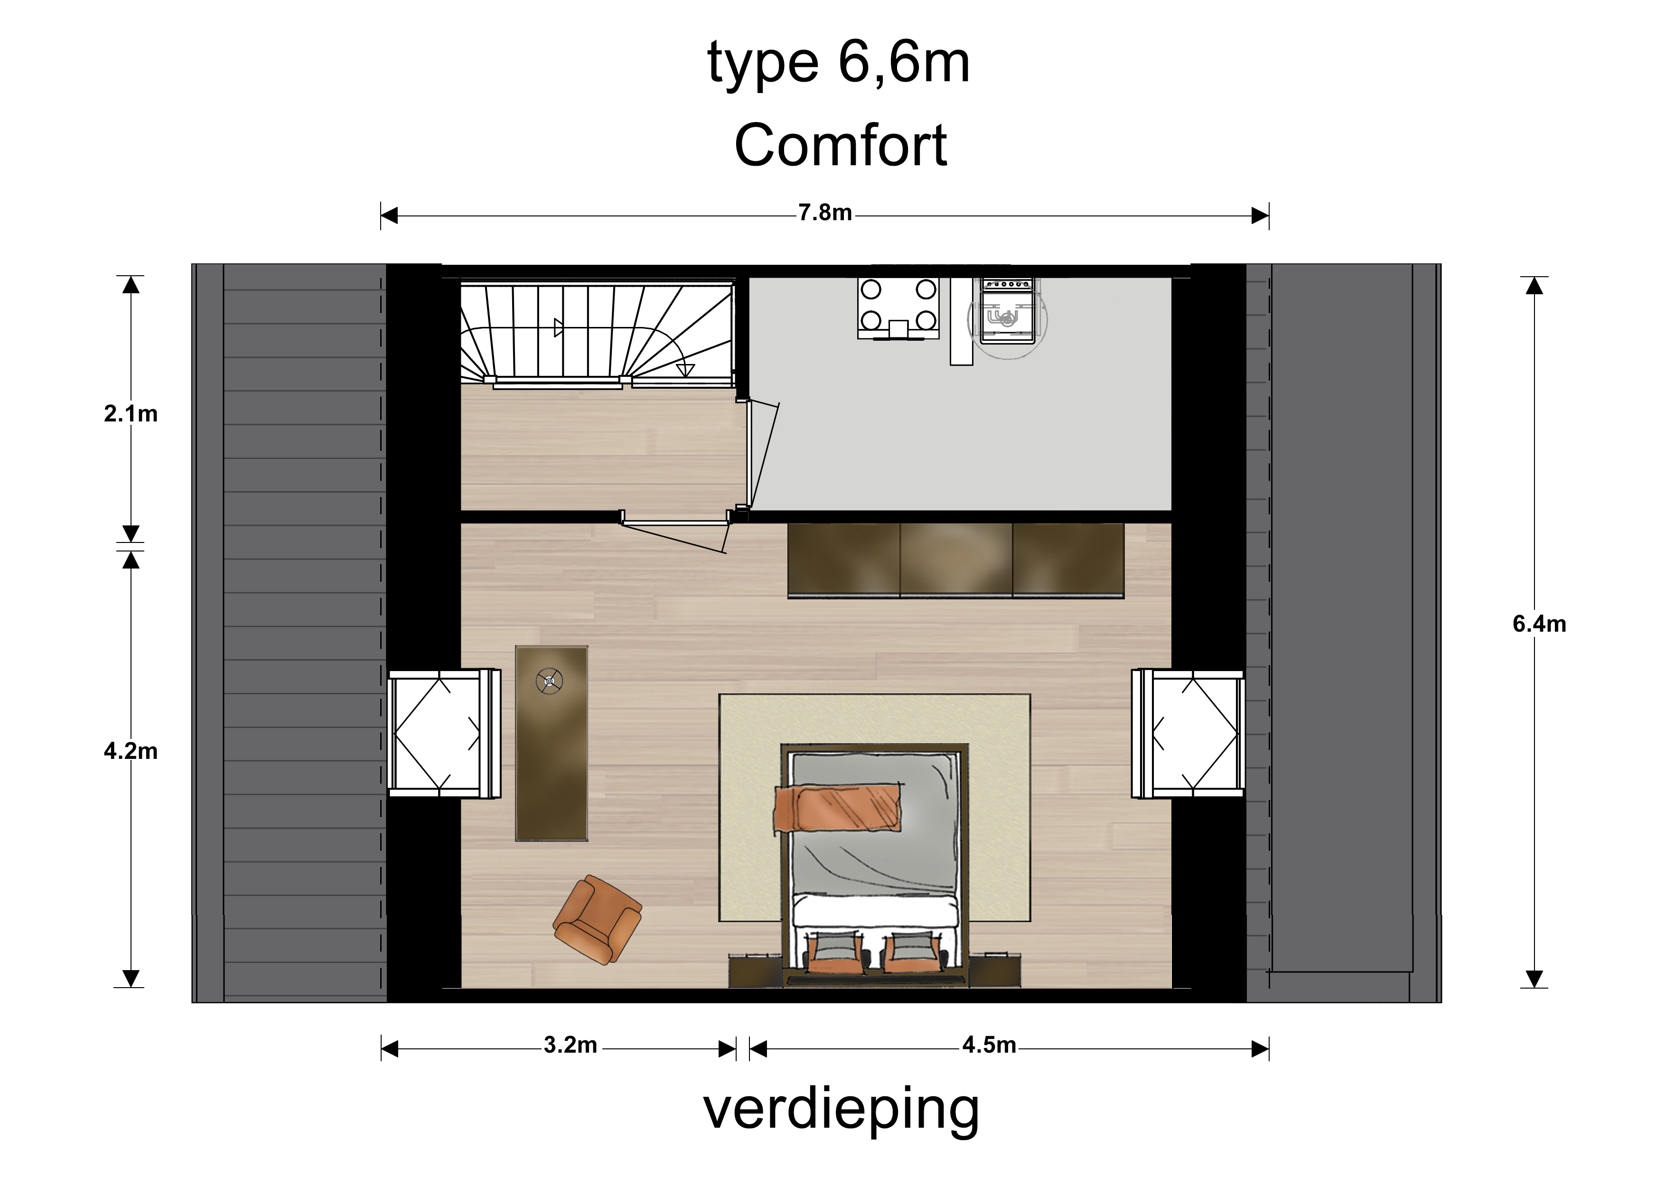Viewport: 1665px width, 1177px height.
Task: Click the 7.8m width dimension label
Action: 825,213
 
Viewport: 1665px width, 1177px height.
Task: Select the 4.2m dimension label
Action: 131,751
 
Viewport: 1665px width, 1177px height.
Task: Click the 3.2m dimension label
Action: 571,1045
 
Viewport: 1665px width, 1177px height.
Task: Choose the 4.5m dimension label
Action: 989,1045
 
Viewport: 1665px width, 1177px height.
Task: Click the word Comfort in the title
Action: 841,145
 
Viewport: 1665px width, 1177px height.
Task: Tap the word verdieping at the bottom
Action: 841,1110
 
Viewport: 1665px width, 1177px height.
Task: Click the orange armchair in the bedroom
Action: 597,920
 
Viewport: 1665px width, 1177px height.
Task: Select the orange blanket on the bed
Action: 838,808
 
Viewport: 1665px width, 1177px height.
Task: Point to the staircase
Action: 597,334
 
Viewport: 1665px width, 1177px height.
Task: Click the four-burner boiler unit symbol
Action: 898,308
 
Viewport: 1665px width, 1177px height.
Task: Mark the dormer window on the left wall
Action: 444,733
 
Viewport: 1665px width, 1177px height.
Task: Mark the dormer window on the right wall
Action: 1188,733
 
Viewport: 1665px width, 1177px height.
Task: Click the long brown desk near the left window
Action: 551,743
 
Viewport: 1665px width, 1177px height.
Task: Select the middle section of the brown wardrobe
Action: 956,560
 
